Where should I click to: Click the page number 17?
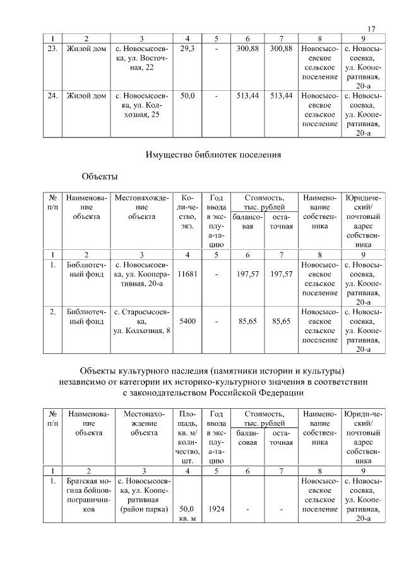371,28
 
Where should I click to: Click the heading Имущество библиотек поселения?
213,153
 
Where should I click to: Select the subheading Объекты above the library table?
100,175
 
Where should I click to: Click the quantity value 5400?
187,321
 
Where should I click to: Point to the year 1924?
216,509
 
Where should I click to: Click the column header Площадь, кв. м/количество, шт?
187,437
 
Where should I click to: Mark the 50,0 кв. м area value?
187,513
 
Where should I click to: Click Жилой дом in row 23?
86,49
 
